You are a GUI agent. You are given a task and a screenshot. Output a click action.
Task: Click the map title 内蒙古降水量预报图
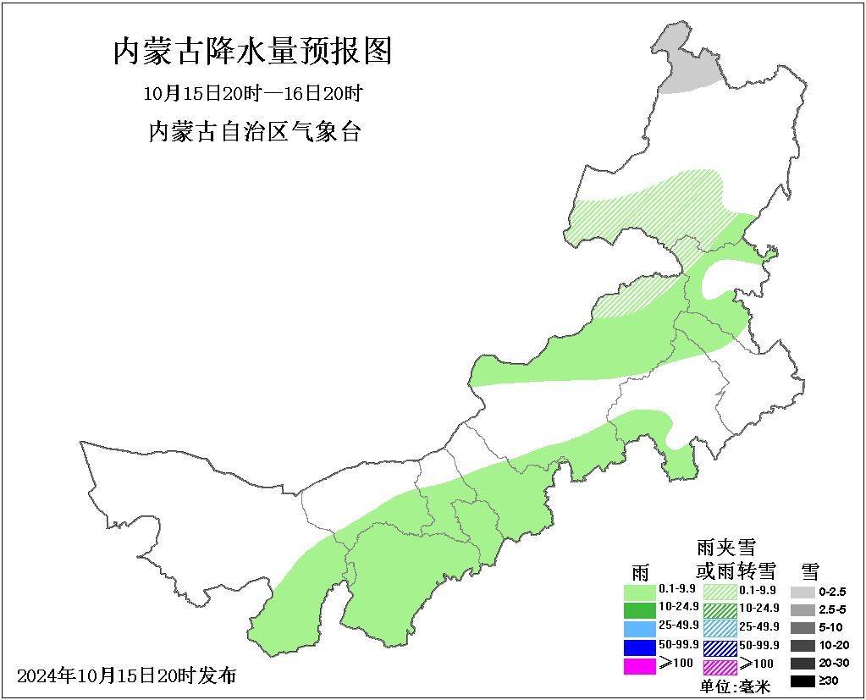(253, 52)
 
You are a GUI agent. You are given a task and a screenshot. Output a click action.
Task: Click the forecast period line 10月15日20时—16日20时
(253, 92)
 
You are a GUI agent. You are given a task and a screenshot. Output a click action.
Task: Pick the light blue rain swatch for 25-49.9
(639, 628)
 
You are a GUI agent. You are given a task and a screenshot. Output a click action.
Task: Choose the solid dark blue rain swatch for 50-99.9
(639, 647)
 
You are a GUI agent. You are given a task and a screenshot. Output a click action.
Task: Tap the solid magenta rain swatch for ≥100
(639, 665)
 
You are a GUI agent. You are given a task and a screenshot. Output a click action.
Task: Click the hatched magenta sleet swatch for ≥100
(720, 665)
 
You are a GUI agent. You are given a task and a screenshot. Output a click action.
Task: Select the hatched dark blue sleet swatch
(720, 647)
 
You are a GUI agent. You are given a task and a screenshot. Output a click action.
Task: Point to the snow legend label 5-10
(832, 627)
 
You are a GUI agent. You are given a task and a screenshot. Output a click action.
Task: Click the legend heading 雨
(640, 571)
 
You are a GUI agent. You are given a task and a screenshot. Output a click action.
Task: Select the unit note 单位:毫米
(735, 686)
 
